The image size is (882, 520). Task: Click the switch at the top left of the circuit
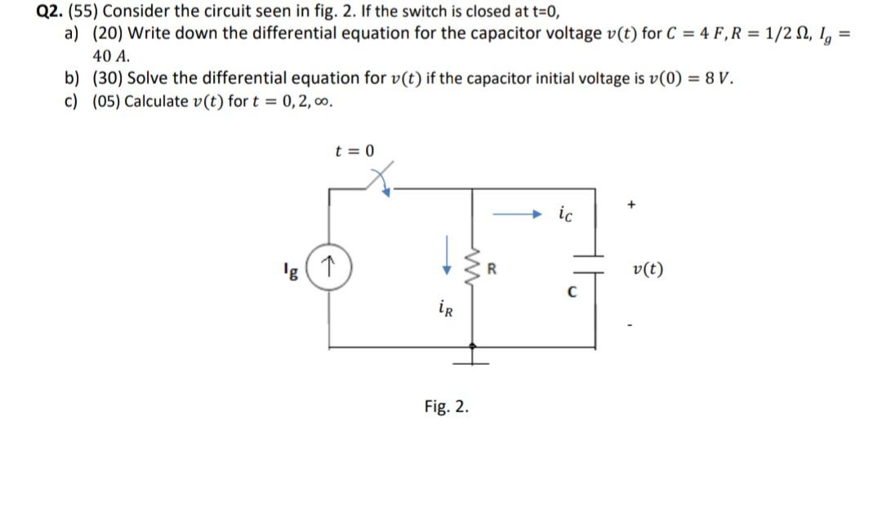pos(378,181)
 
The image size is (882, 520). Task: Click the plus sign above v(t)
pos(631,207)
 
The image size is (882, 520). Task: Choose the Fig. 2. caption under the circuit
pos(447,407)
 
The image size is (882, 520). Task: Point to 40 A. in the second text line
pos(110,56)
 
